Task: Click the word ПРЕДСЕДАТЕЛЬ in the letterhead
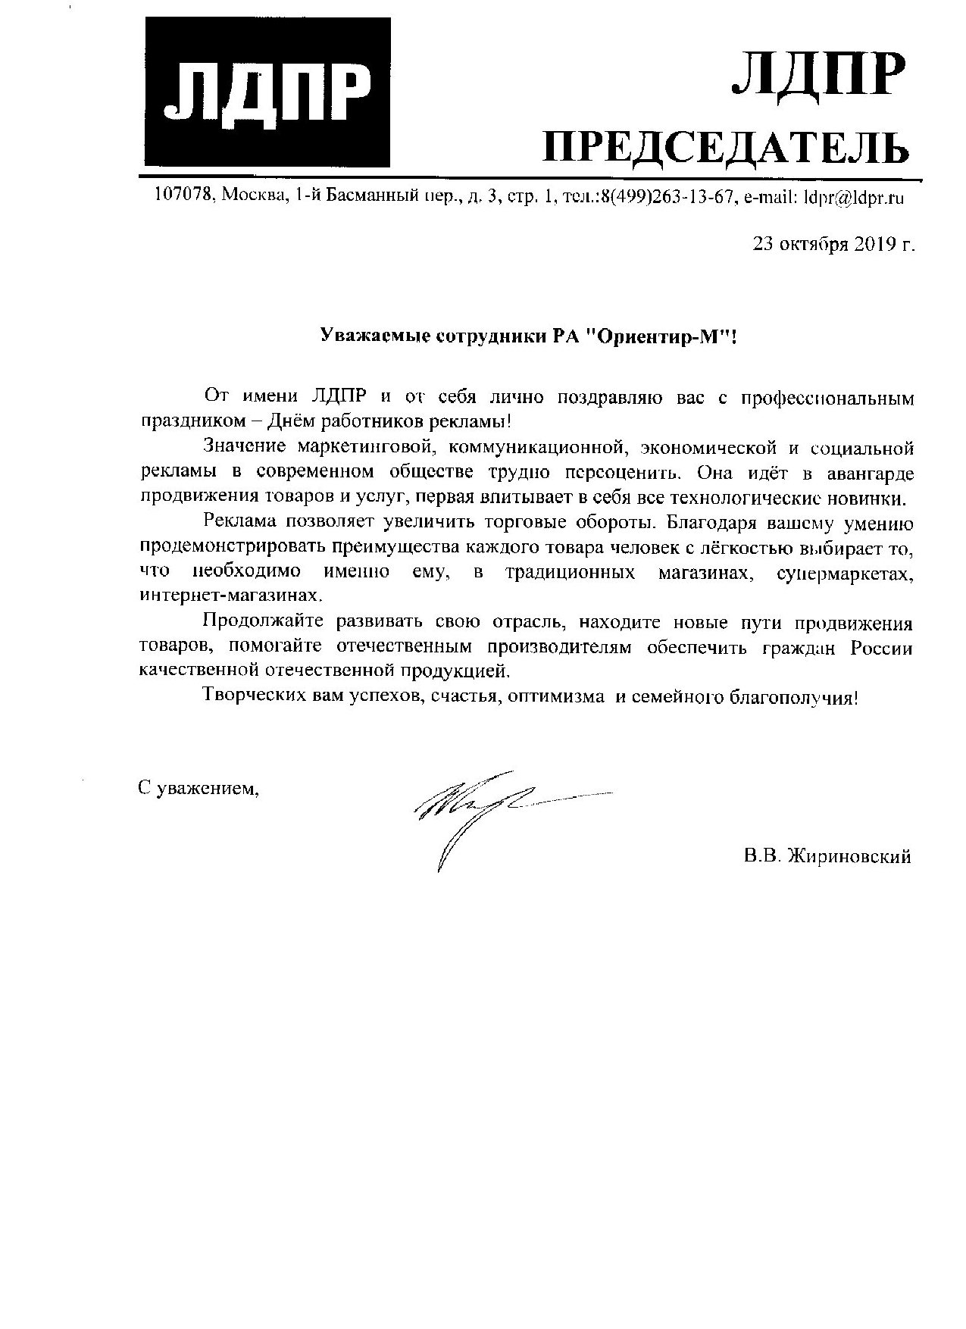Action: point(727,148)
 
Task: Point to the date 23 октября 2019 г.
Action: point(833,245)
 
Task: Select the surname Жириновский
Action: point(849,857)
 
